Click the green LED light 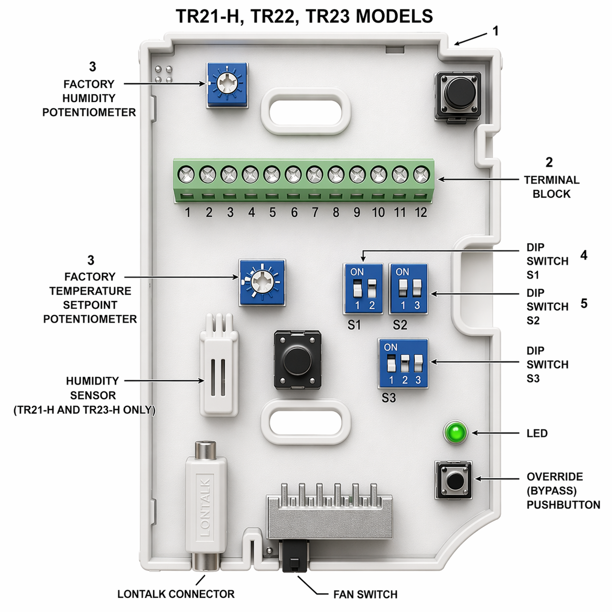tap(455, 432)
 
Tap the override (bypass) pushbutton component tap(454, 480)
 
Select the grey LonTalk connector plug tap(205, 508)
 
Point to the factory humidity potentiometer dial tap(227, 84)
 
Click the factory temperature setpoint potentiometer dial tap(262, 283)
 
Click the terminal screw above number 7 tap(314, 174)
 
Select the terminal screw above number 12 tap(421, 174)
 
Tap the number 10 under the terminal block tap(378, 213)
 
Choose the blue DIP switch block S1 tap(364, 289)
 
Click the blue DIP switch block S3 tap(403, 364)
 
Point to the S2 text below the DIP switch tap(400, 325)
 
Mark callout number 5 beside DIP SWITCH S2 tap(584, 304)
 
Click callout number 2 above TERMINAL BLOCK tap(549, 162)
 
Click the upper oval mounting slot tap(306, 111)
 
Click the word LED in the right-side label tap(537, 433)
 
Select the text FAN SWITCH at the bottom tap(365, 594)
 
